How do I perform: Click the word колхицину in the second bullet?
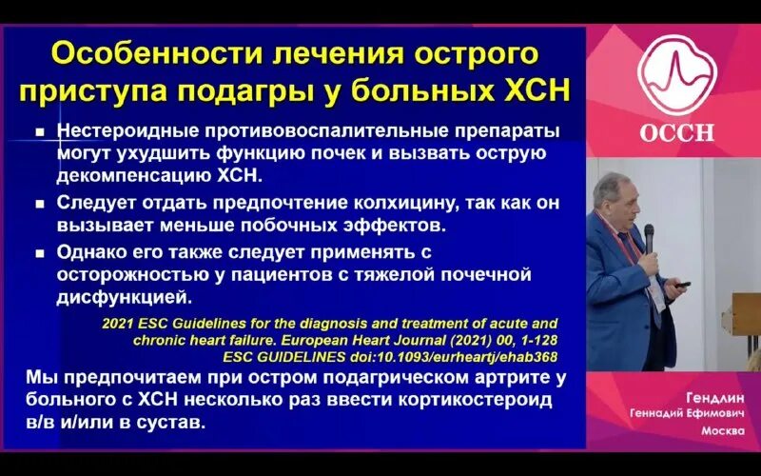click(350, 203)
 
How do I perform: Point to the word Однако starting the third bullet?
click(91, 253)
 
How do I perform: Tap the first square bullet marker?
click(41, 131)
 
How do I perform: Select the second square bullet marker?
click(41, 204)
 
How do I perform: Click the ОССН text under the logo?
click(675, 132)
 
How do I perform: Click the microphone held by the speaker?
click(649, 237)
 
